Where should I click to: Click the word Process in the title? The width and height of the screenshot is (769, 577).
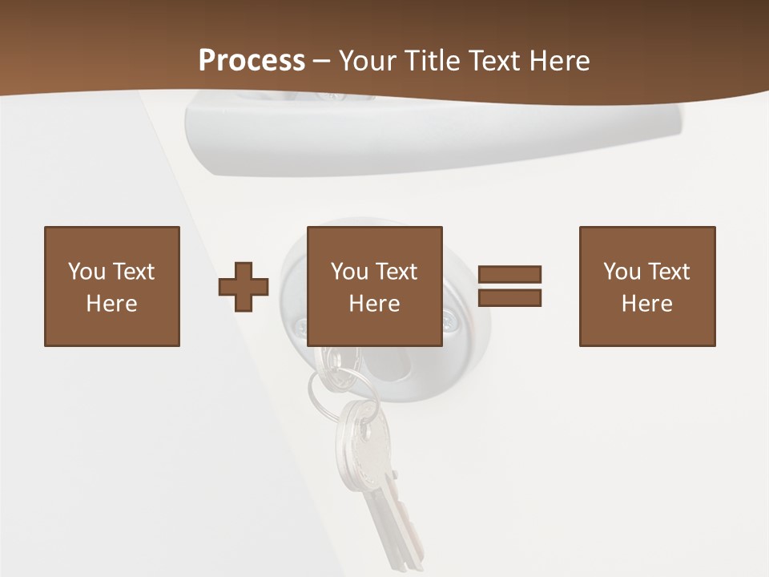pos(252,61)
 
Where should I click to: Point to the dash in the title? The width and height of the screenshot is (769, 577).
pos(322,61)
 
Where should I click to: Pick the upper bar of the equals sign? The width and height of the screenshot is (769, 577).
pos(509,274)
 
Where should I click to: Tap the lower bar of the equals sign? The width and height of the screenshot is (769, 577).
pos(509,297)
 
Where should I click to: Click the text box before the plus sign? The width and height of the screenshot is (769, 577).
pos(112,286)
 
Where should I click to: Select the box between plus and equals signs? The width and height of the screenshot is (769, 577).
pos(375,286)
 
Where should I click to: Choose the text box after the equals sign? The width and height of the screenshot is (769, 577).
pos(647,286)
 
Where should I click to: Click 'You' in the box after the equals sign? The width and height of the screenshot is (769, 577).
pos(622,272)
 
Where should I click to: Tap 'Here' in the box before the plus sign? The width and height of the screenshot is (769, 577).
pos(112,304)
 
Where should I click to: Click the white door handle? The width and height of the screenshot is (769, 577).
pos(433,132)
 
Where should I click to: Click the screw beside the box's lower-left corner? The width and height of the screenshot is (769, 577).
pos(300,326)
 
